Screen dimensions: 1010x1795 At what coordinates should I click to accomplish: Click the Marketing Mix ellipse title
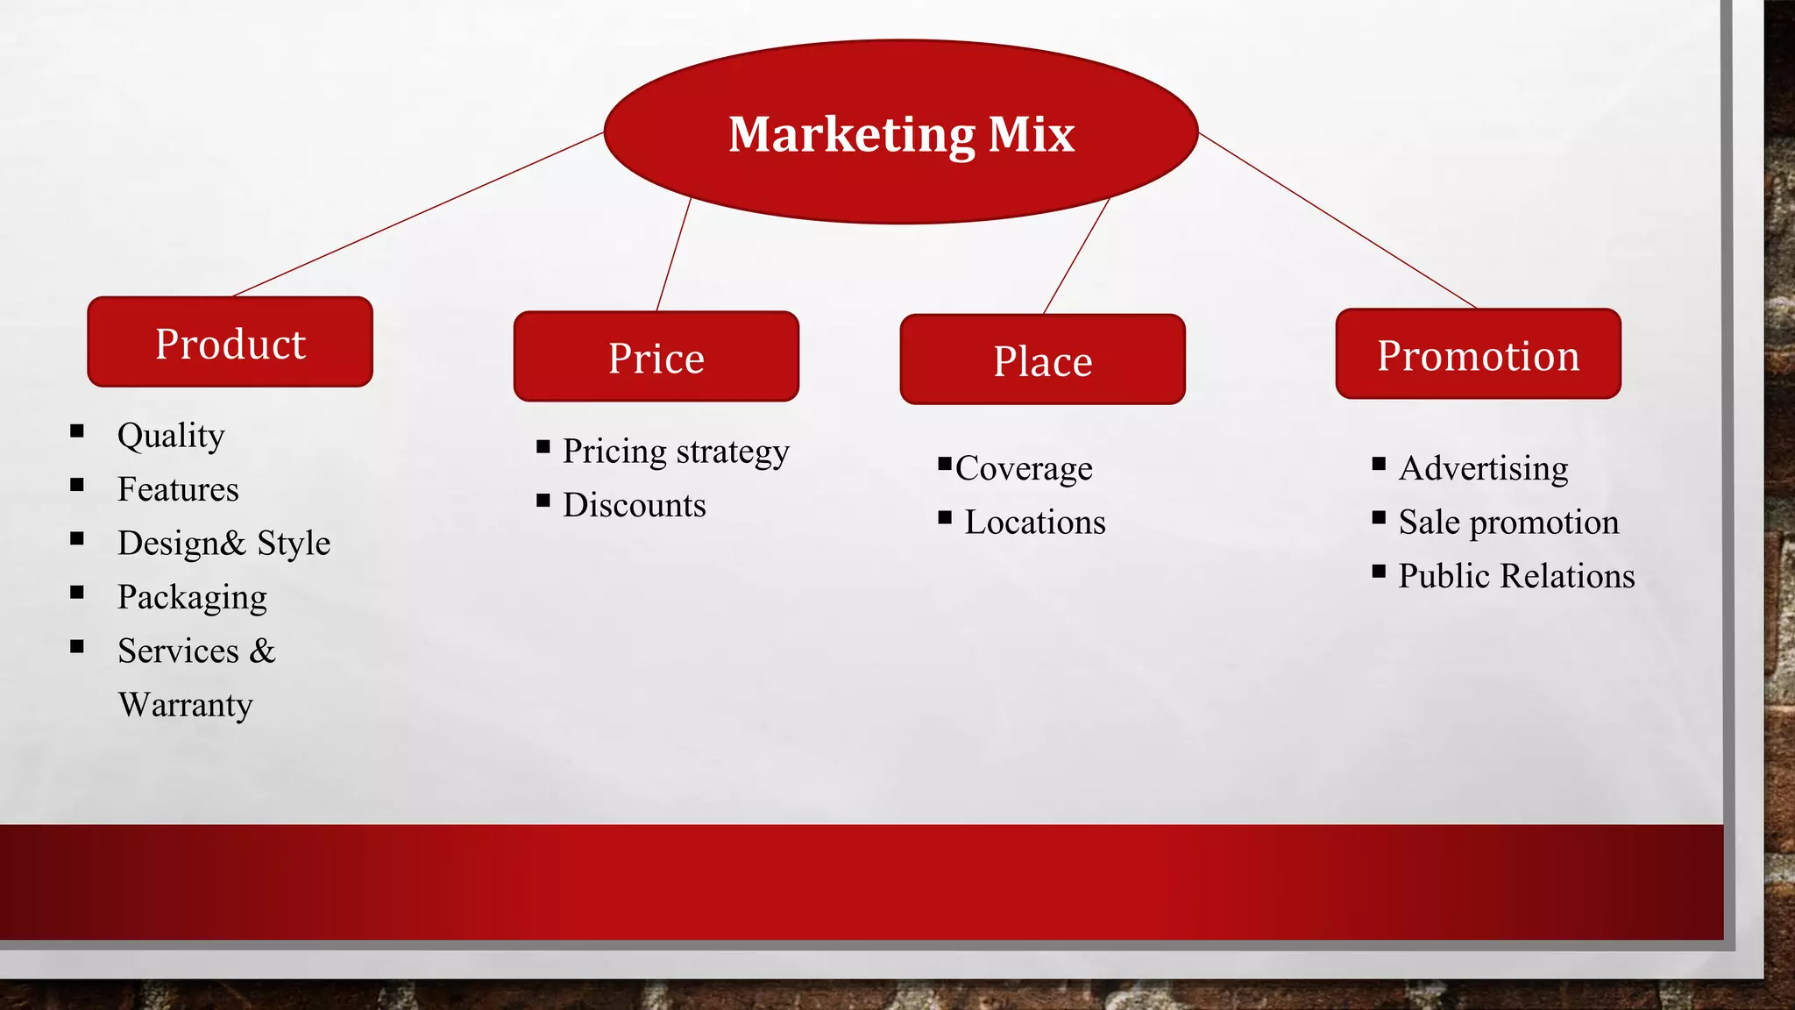(x=901, y=133)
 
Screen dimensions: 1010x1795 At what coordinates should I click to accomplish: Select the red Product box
(x=230, y=343)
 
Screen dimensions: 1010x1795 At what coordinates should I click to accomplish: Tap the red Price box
(x=656, y=357)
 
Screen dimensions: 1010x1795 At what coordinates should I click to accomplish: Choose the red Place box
(x=1042, y=359)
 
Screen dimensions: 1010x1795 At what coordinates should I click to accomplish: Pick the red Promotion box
(x=1478, y=354)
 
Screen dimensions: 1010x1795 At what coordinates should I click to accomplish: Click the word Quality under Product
(x=171, y=436)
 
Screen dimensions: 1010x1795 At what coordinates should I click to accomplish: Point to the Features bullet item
(x=178, y=489)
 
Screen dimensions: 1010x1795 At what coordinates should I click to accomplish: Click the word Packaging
(x=192, y=597)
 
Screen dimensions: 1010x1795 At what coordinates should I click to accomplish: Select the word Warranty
(x=185, y=705)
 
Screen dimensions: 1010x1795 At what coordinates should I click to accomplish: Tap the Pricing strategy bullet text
(x=676, y=452)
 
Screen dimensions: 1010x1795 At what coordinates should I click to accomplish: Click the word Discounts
(x=634, y=505)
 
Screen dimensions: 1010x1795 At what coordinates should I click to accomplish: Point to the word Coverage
(x=1024, y=469)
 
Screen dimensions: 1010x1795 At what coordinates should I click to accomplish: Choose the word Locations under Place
(x=1035, y=523)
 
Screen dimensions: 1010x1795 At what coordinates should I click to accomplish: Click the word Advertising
(x=1483, y=468)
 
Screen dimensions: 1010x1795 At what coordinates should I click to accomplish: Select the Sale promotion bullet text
(x=1508, y=523)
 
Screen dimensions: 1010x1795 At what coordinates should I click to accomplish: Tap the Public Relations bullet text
(x=1516, y=576)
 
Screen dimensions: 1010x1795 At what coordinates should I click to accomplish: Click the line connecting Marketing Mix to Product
(x=419, y=214)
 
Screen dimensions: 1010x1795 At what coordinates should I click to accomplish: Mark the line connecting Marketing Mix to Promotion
(x=1337, y=221)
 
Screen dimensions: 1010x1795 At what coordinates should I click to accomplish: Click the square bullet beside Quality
(x=77, y=430)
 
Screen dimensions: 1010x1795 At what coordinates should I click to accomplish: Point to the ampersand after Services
(x=262, y=651)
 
